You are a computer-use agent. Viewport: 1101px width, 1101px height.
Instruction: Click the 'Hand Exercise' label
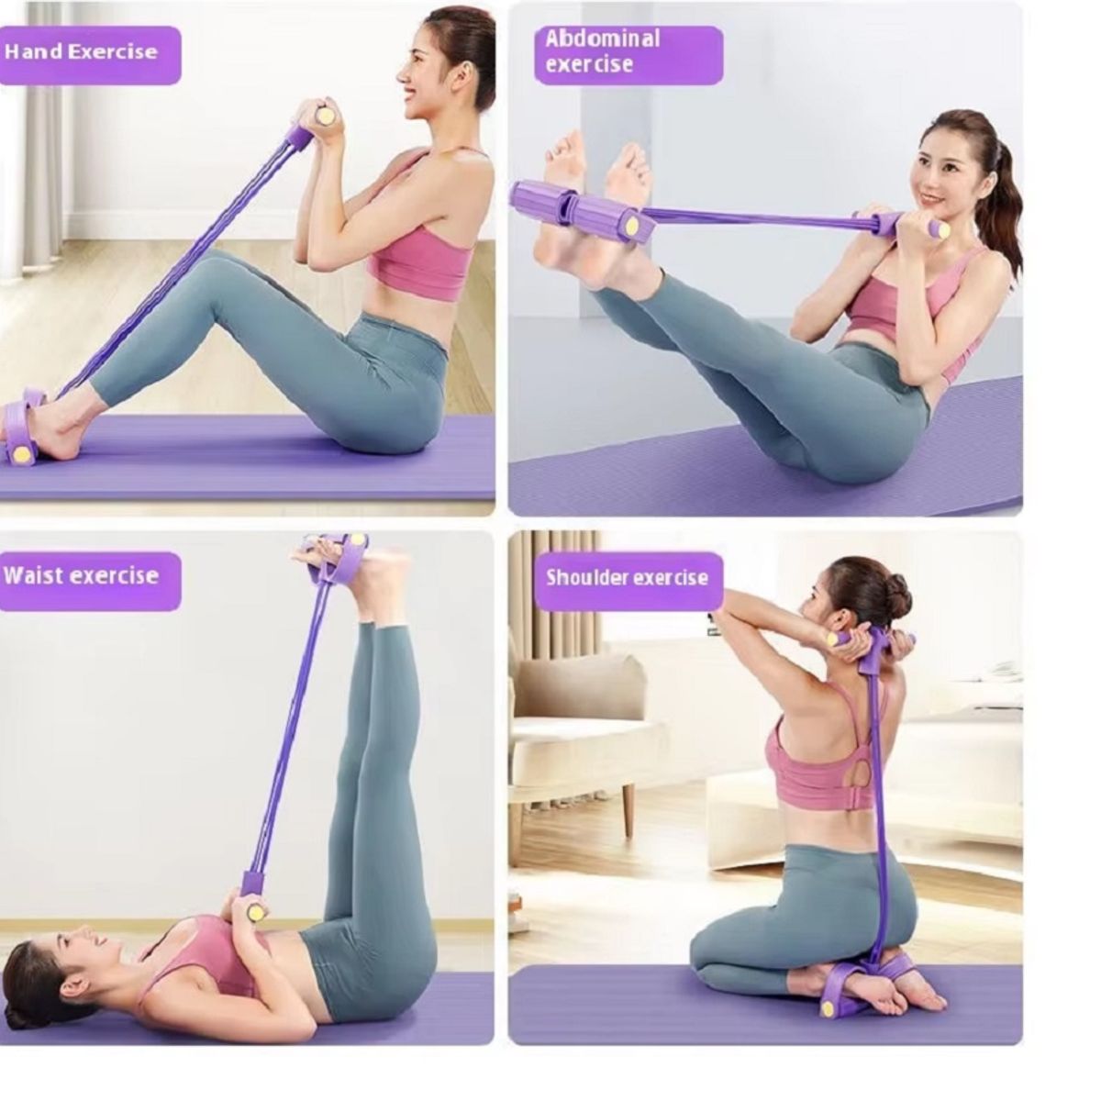(x=81, y=52)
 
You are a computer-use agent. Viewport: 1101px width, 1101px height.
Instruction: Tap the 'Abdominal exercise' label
(x=602, y=50)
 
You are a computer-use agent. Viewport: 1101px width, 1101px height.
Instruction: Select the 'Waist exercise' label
(x=81, y=574)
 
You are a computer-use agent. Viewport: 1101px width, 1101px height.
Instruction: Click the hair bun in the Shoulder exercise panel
(x=893, y=592)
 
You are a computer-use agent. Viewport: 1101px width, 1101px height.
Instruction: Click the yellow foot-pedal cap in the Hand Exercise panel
(x=25, y=453)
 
